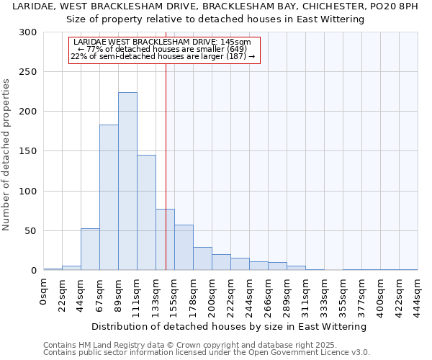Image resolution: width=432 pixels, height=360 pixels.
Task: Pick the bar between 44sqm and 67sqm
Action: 90,249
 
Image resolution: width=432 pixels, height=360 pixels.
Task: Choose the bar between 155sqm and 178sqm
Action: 184,248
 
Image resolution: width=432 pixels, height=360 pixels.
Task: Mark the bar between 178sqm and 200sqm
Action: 202,258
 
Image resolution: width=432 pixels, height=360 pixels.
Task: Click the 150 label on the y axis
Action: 28,152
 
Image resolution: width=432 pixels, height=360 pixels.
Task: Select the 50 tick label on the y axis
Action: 31,231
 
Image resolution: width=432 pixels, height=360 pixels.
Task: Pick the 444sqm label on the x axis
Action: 418,295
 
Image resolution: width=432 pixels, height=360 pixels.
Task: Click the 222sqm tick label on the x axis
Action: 231,295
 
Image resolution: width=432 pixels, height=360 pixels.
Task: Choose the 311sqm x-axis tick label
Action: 306,295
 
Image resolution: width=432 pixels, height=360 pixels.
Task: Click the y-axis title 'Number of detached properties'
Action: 6,155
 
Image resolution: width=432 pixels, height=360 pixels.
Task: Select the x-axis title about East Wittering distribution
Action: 230,326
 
